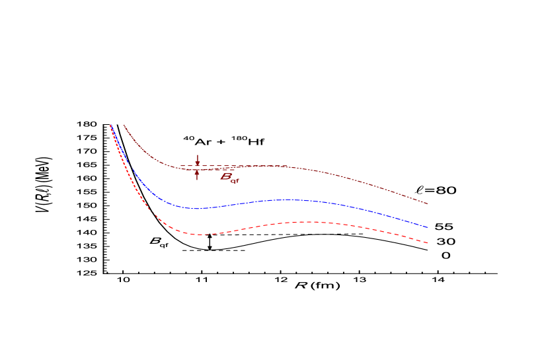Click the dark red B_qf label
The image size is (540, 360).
229,178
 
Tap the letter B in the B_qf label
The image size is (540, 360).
226,176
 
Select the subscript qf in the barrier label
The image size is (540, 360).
235,180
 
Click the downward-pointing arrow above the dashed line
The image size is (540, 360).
197,162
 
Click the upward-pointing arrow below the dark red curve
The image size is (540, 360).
197,173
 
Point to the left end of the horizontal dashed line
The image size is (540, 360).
180,166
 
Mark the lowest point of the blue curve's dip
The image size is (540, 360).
196,209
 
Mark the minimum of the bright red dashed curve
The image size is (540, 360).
202,234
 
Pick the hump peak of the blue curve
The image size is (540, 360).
288,199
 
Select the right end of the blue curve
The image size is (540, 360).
428,228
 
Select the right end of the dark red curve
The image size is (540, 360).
428,203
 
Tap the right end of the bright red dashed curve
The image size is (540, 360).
428,243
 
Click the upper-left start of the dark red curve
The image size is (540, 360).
124,125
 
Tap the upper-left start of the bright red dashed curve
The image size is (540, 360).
110,125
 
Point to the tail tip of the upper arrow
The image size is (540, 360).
197,155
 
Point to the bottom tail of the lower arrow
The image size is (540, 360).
197,180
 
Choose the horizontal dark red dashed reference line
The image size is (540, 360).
225,166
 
